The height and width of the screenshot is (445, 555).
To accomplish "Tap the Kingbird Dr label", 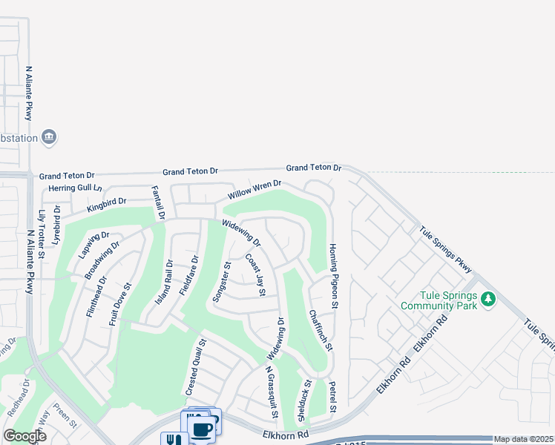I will [107, 202].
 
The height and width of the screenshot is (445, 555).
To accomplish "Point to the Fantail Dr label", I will [157, 202].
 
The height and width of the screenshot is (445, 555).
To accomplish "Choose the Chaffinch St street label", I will [318, 331].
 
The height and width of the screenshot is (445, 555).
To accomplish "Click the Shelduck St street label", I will [304, 401].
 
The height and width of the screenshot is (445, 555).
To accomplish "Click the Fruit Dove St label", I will [120, 305].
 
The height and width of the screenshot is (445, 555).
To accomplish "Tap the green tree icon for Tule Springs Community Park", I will [487, 299].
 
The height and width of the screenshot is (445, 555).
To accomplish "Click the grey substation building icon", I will [50, 137].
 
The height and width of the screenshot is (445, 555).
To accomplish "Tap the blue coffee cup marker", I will [203, 429].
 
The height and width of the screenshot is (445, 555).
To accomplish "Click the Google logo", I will [24, 436].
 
